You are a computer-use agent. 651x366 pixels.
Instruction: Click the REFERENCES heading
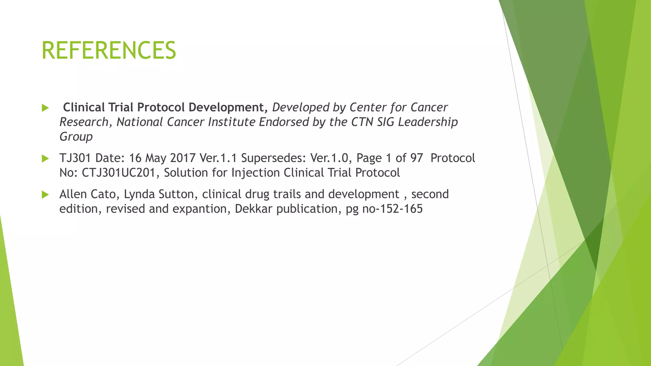click(x=109, y=50)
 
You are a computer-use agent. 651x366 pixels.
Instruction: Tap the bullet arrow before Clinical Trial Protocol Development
click(x=45, y=108)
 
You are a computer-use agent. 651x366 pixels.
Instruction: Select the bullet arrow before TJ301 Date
click(x=45, y=158)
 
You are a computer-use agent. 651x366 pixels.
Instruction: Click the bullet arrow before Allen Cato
click(x=45, y=194)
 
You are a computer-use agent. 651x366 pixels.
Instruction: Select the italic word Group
click(x=76, y=137)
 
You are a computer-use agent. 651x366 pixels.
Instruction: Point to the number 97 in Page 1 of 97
click(x=416, y=158)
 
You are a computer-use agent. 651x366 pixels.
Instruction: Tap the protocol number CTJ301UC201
click(x=119, y=173)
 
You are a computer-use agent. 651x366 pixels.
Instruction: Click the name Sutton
click(x=178, y=194)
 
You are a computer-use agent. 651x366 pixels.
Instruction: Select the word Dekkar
click(x=254, y=209)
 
